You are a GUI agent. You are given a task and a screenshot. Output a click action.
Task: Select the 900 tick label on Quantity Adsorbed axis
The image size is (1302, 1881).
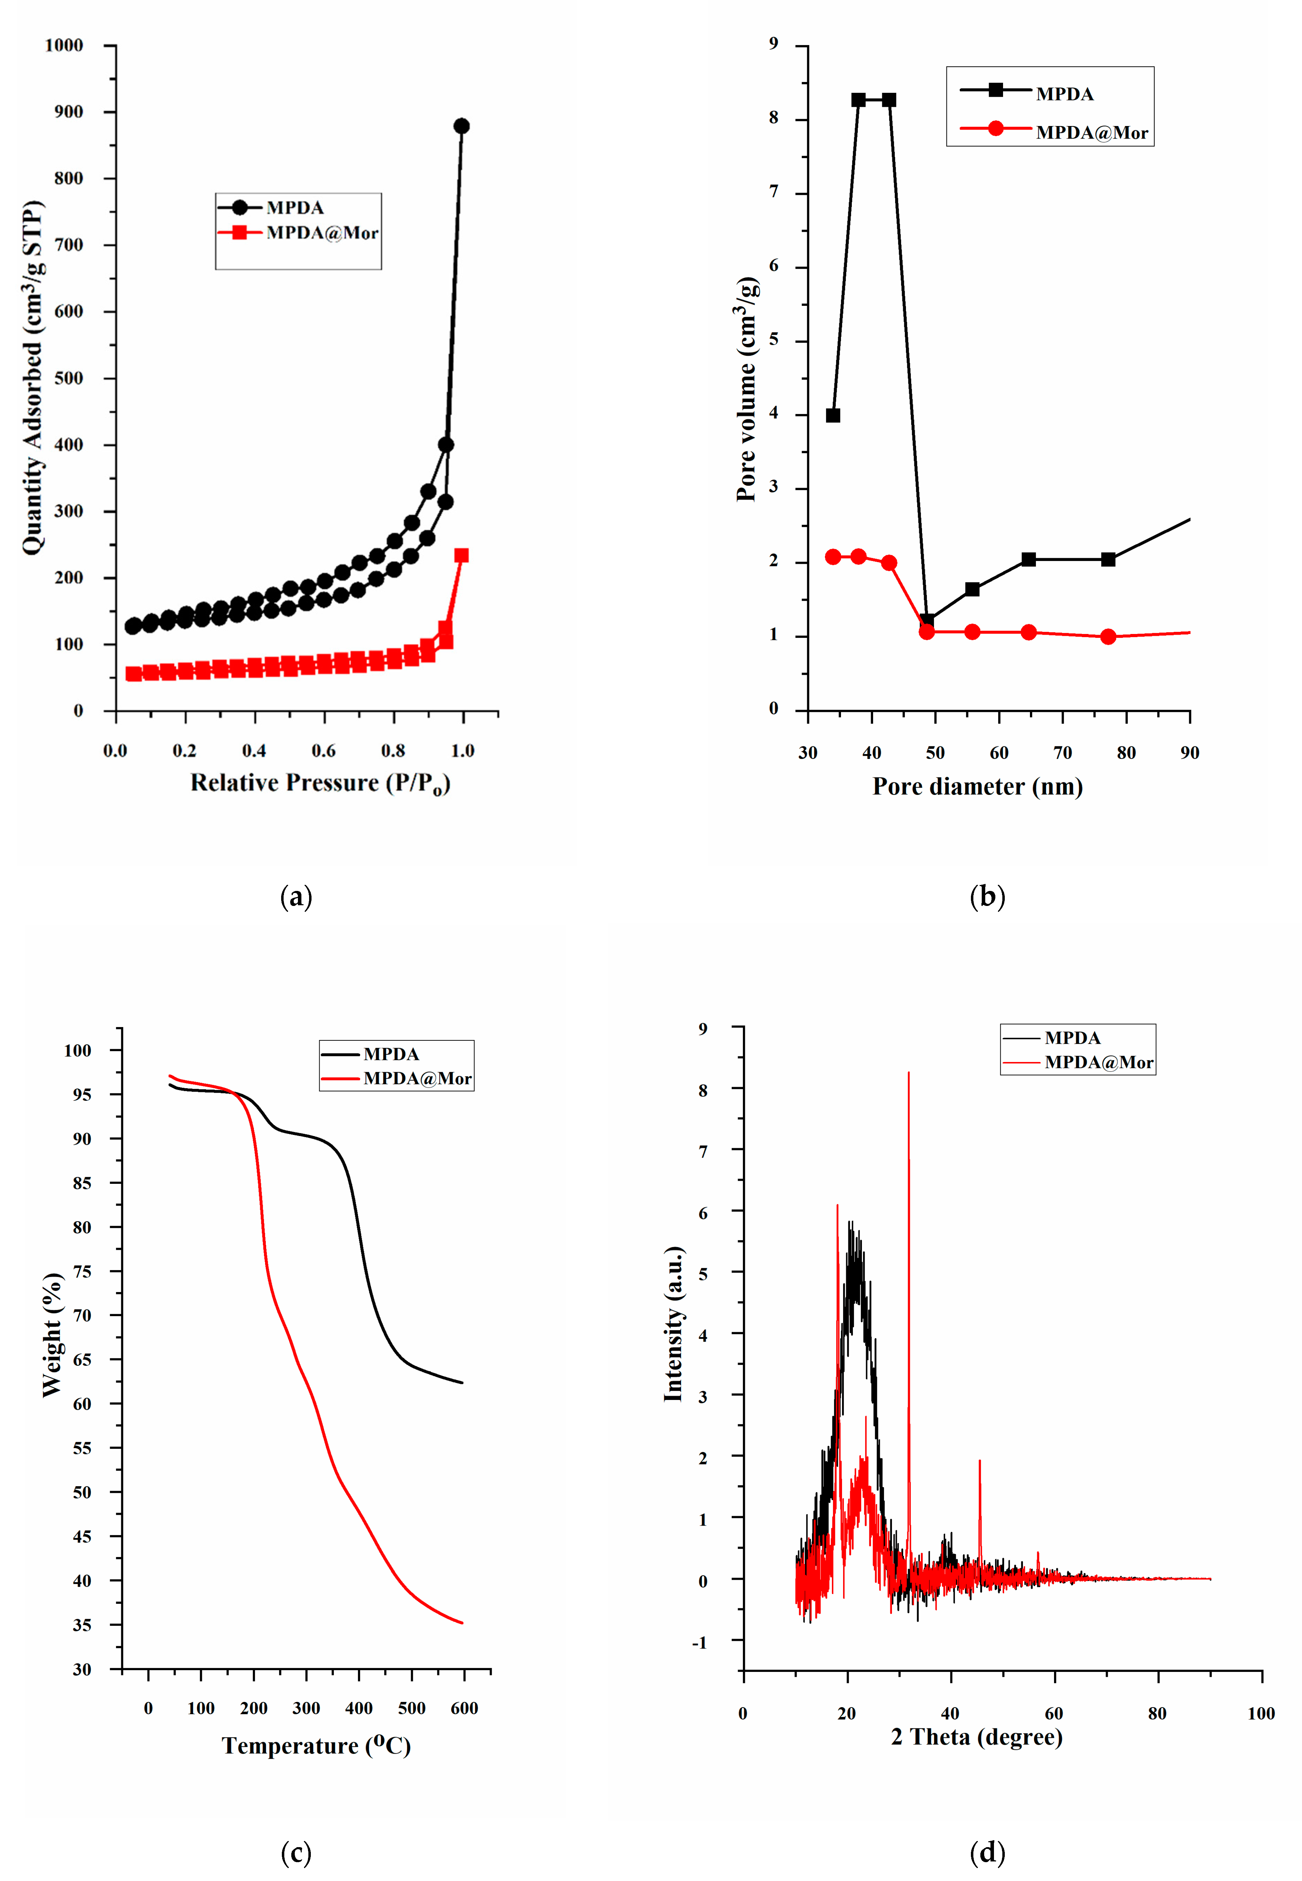coord(68,112)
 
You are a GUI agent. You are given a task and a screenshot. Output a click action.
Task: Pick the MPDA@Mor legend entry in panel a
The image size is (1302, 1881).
coord(322,233)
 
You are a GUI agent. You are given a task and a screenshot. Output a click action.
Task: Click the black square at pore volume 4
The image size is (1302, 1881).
coord(833,415)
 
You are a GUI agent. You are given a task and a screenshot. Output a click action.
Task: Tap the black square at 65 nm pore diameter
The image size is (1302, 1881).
coord(1029,559)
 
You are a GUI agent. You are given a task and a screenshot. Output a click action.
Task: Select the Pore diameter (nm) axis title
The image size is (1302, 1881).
coord(977,787)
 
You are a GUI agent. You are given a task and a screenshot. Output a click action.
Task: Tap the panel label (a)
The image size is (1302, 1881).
coord(296,897)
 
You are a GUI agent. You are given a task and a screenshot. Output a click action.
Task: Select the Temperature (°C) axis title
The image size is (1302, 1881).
coord(316,1746)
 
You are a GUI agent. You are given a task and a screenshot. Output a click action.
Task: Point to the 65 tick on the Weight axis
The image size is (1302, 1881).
coord(82,1359)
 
